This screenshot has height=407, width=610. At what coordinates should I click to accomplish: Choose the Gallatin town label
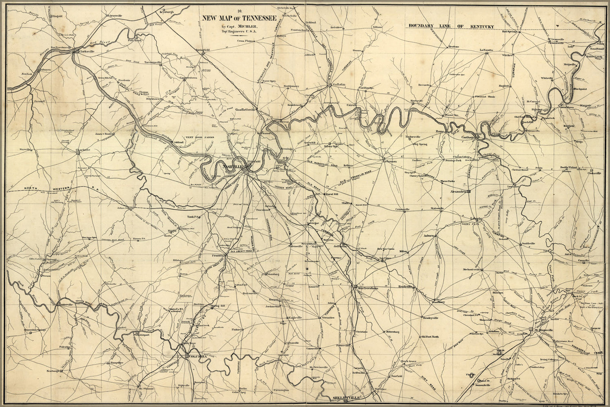click(338, 84)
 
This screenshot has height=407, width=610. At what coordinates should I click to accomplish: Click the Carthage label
click(468, 138)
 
